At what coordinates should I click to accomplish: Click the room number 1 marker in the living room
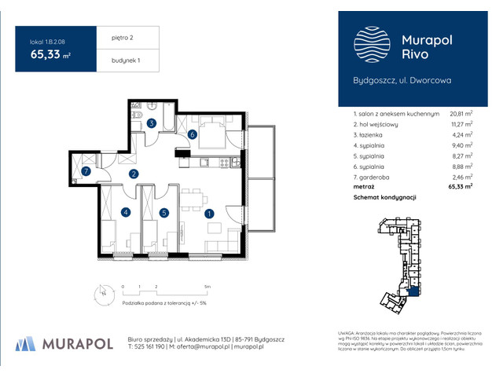pos(208,213)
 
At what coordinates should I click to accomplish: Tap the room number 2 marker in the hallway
pos(134,174)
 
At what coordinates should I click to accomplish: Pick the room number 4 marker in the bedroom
pos(125,212)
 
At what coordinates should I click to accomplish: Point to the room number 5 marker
pos(163,212)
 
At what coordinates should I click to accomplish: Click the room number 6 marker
pos(193,134)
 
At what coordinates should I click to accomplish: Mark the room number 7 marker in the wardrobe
pos(86,170)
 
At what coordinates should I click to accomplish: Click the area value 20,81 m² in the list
pos(461,114)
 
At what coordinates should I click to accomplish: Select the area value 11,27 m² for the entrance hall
pos(461,124)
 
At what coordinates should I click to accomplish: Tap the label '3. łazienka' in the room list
pos(376,134)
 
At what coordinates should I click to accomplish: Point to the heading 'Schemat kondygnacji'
pos(384,198)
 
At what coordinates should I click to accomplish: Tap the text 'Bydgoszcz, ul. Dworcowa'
pos(402,80)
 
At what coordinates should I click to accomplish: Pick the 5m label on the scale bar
pos(206,287)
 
